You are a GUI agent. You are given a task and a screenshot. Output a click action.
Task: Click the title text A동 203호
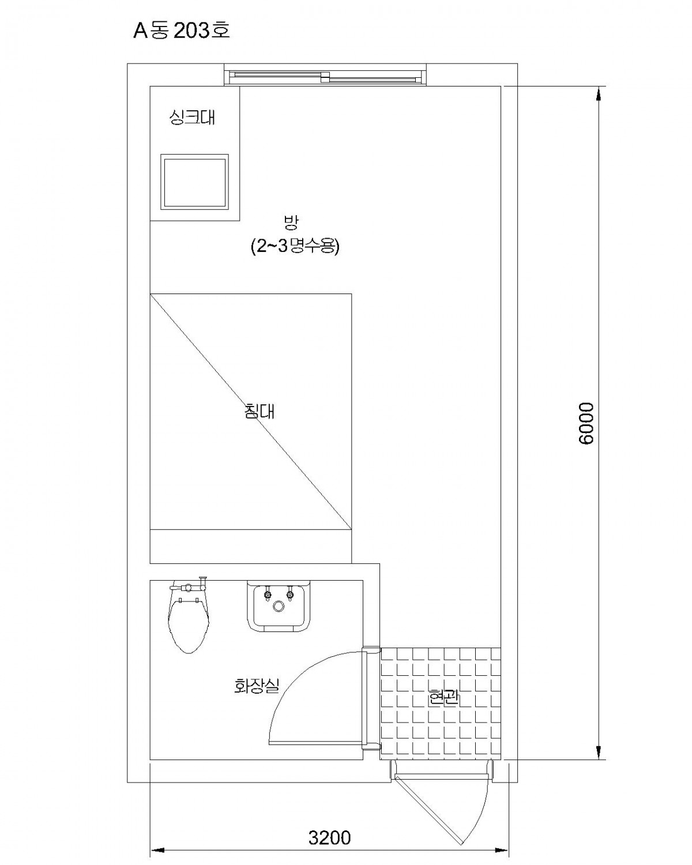(x=181, y=31)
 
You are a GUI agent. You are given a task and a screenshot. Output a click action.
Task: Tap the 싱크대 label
(x=192, y=117)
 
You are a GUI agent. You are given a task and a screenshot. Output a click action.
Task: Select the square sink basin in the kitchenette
(x=194, y=181)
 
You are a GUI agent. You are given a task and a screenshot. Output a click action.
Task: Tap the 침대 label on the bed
(x=259, y=411)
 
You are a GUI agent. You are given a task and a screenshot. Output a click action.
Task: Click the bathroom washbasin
(x=279, y=605)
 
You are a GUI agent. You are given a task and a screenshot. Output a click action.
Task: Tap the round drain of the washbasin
(x=278, y=606)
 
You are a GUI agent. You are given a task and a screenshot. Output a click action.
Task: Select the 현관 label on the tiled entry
(x=444, y=698)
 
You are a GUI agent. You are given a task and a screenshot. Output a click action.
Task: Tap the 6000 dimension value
(x=586, y=423)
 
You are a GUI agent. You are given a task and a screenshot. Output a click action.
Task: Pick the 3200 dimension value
(x=329, y=835)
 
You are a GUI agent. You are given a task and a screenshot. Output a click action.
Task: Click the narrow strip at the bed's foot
(x=250, y=546)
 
